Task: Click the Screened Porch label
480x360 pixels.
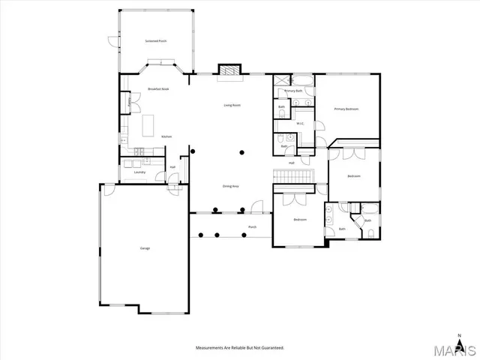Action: [x=156, y=40]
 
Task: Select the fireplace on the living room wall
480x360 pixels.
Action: [x=230, y=70]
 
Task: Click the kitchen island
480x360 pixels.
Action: [x=147, y=122]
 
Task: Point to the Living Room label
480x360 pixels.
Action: [x=232, y=105]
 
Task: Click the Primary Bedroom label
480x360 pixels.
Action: [x=346, y=109]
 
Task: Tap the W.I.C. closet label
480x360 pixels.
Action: [x=300, y=123]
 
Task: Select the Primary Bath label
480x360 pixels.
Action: [x=293, y=91]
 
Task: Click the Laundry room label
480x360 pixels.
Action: [x=139, y=172]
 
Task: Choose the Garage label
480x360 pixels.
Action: [x=144, y=248]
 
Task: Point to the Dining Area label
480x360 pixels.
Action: [x=230, y=185]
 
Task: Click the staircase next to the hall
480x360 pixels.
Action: [x=291, y=175]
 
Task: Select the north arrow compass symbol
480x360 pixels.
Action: [x=459, y=336]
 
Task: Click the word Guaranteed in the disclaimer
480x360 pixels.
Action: [x=270, y=348]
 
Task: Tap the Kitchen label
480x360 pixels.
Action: [x=167, y=136]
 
